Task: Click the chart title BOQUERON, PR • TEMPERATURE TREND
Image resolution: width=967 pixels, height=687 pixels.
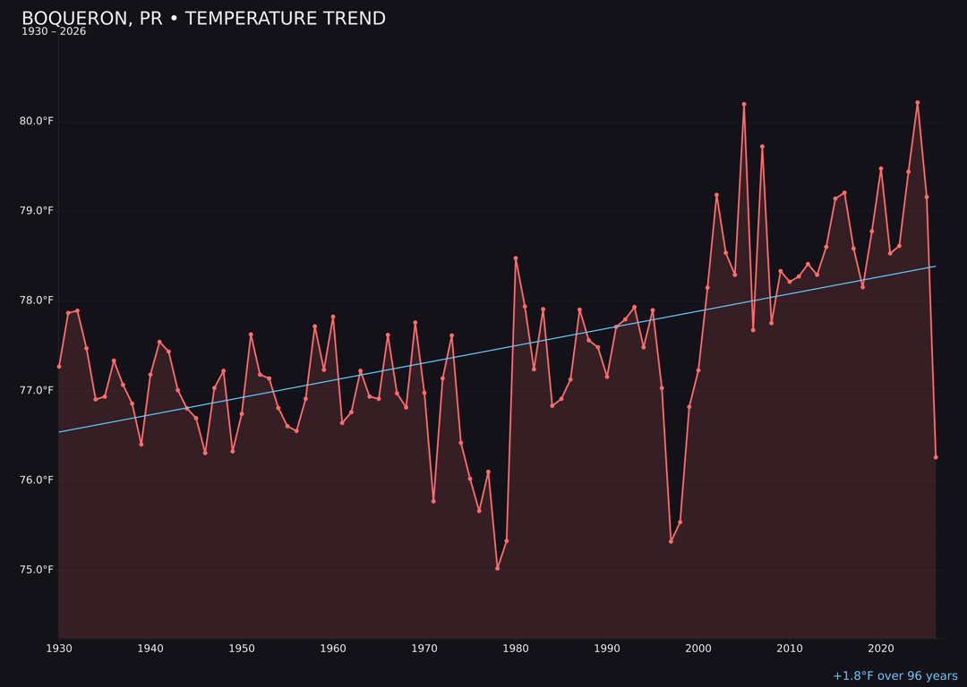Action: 203,19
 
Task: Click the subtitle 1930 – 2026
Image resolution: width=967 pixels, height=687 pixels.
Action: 54,32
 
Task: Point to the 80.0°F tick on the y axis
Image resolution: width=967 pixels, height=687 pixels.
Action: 37,121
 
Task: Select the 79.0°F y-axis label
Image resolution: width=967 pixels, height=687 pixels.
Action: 37,211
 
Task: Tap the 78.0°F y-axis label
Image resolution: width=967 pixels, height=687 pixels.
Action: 37,301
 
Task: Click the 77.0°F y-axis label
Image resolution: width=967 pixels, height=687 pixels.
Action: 37,390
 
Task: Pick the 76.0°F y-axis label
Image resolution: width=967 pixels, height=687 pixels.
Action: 37,480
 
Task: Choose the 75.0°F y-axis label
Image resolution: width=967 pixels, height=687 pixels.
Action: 37,570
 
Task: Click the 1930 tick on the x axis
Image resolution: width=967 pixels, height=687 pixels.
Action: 59,648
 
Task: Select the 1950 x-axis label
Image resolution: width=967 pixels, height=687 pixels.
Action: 242,648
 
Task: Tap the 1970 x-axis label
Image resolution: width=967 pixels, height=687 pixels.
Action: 424,648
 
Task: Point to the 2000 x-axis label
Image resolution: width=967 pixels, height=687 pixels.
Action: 698,648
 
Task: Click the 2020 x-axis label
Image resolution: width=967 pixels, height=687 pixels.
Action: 881,648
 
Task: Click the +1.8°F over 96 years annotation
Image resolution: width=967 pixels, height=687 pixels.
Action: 894,676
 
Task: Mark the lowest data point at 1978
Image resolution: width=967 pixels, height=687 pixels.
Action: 498,568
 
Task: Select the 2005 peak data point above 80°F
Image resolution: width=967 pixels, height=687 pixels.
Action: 744,104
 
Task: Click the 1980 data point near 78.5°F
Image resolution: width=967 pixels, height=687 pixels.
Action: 516,259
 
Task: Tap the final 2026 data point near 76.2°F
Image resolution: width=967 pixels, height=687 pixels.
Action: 936,457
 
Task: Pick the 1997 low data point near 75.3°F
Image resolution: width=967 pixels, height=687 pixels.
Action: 671,541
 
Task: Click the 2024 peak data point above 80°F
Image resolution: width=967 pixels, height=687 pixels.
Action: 918,102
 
